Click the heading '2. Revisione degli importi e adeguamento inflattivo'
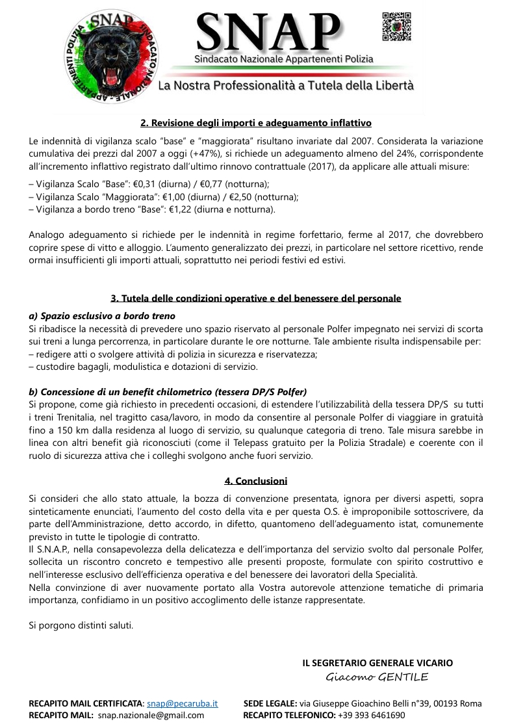click(x=256, y=122)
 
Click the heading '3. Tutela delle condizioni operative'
click(x=256, y=298)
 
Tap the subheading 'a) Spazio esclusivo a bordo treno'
click(x=102, y=316)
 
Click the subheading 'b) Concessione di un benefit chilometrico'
click(x=168, y=392)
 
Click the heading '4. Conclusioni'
click(x=256, y=481)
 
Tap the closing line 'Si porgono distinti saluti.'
click(x=81, y=625)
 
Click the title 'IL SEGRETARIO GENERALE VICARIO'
click(x=378, y=663)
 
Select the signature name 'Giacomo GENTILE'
click(x=377, y=677)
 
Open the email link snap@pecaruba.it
click(x=182, y=703)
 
